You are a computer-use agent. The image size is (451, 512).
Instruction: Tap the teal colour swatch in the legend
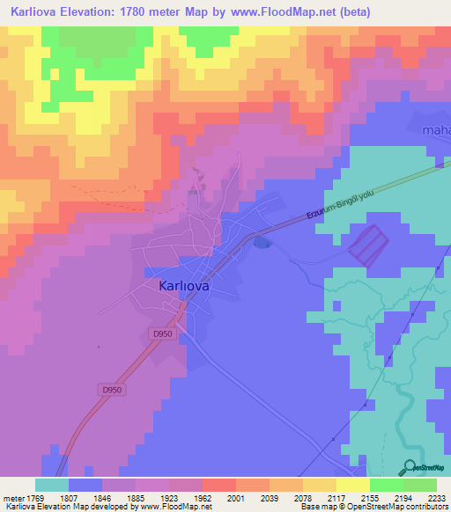click(51, 485)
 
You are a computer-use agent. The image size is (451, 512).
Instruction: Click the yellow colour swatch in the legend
click(352, 485)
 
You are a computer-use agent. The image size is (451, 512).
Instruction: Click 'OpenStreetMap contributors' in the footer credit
click(396, 507)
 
